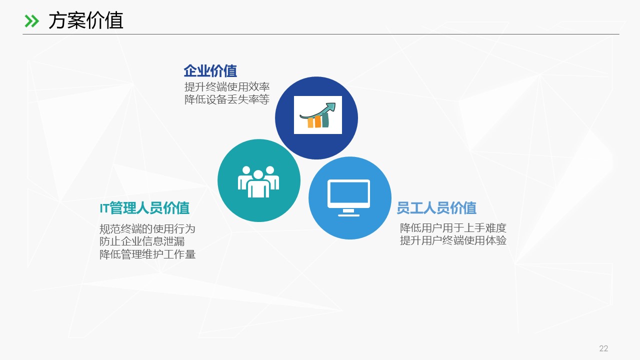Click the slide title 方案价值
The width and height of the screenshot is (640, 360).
(85, 20)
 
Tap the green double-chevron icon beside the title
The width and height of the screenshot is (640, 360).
(31, 21)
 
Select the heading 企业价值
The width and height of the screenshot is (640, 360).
(210, 71)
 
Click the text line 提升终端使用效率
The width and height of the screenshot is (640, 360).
(227, 87)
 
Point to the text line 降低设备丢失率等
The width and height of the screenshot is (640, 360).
(227, 99)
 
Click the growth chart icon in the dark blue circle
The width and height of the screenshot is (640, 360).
(317, 115)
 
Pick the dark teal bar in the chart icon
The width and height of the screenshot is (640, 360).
(325, 120)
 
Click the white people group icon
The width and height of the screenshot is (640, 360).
(258, 181)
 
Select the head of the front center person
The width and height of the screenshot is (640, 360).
(258, 175)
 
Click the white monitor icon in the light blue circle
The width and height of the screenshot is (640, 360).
(348, 197)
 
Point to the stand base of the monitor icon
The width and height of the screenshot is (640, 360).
(348, 215)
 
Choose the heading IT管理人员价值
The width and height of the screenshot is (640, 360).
(144, 208)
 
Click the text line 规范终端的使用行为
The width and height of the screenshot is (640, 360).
(147, 229)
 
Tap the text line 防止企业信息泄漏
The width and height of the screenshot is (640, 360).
(142, 241)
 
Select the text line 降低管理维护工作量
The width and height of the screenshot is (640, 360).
(147, 254)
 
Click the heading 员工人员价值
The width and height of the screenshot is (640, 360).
(436, 208)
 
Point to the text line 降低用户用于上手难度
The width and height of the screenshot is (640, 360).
(453, 228)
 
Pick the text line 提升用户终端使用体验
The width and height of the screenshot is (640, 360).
(453, 240)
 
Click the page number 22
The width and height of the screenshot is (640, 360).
(603, 348)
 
